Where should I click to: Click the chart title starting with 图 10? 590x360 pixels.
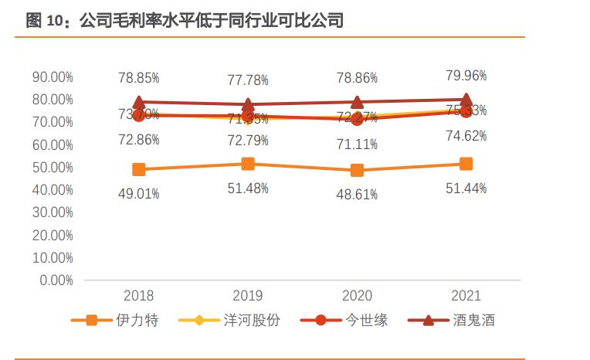coord(184,21)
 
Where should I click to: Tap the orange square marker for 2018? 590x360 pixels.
coord(139,169)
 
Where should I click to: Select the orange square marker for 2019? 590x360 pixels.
coord(248,164)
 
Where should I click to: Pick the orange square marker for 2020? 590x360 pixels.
coord(357,170)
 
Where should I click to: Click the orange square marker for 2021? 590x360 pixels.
coord(466,164)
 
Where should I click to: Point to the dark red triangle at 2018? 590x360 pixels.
coord(139,102)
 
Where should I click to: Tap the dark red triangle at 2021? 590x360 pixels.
coord(466,100)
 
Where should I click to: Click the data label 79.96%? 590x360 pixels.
coord(466,76)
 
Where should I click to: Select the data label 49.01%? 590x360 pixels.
coord(139,194)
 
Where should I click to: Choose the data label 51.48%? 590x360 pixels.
coord(248,188)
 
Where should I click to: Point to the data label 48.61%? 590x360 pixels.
coord(357,195)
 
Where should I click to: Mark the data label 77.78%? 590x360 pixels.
coord(248,80)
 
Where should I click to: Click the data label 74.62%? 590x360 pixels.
coord(466,136)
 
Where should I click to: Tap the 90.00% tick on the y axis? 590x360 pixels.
coord(53,77)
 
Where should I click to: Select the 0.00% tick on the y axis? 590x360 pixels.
coord(56,280)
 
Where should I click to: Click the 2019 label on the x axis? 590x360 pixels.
coord(248,296)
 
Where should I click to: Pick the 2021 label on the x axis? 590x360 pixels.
coord(466,296)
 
